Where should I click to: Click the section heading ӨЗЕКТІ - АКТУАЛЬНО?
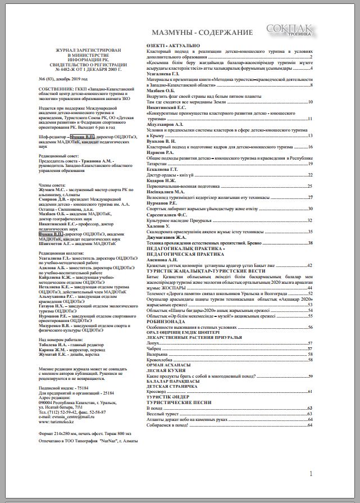pos(172,45)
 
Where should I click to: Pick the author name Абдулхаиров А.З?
pos(164,124)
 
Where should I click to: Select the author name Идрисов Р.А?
pos(160,153)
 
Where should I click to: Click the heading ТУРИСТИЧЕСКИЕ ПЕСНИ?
pos(179,402)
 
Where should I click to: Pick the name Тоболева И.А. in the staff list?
pos(54,345)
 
